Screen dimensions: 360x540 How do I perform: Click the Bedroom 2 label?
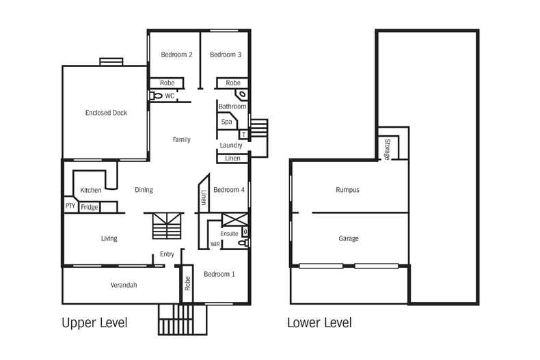tap(176, 55)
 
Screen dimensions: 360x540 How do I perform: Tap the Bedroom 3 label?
tap(226, 55)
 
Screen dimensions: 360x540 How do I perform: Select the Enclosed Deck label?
tap(106, 113)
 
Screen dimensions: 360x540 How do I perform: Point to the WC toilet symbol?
tap(157, 96)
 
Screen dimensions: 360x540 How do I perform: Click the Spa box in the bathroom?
tap(226, 122)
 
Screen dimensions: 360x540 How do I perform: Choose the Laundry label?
tap(231, 146)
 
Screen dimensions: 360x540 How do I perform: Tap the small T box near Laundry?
tap(242, 135)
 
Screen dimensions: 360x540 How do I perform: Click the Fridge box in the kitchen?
tap(90, 207)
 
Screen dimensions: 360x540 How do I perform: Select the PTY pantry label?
tap(70, 206)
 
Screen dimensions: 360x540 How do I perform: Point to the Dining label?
tap(144, 190)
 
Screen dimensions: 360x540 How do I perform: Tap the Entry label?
tap(167, 254)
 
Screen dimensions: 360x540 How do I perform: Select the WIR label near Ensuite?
tap(215, 243)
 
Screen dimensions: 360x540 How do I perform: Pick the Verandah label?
tap(124, 285)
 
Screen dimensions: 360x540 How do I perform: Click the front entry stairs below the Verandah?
tap(182, 319)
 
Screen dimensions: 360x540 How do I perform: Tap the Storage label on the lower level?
tap(387, 148)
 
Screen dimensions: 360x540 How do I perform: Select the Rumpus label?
tap(347, 190)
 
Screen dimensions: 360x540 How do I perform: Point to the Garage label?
tap(349, 238)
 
